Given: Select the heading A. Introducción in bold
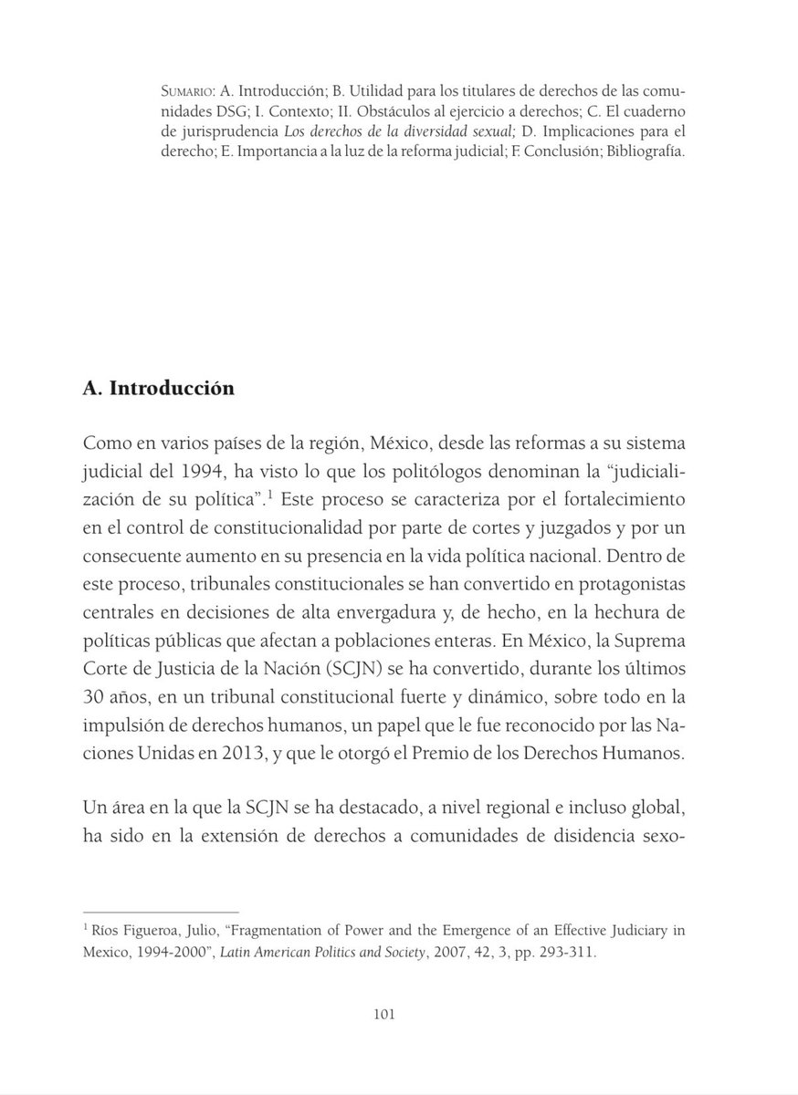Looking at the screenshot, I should click(158, 389).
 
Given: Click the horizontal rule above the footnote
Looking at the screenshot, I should click(160, 911).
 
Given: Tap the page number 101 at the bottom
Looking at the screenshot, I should click(383, 1014).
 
